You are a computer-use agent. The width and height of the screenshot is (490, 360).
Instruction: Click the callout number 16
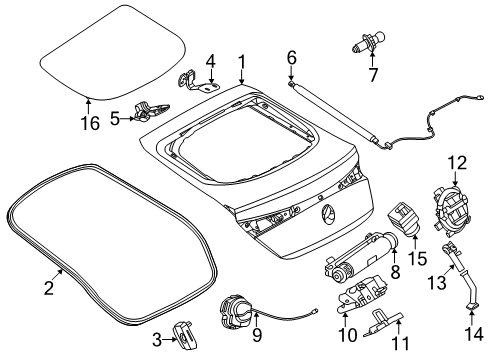90,123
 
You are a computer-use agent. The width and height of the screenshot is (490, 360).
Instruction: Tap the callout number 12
457,163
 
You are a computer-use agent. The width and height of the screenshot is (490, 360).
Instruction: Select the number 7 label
373,75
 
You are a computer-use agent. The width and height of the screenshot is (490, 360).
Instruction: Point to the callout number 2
49,288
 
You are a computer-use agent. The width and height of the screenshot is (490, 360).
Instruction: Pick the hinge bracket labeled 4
197,82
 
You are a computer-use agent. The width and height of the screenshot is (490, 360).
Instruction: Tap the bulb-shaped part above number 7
369,44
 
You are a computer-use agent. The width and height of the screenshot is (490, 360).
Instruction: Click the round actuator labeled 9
234,309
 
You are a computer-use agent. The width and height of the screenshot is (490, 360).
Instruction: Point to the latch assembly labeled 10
362,293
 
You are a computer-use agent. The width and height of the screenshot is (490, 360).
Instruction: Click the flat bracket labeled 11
384,322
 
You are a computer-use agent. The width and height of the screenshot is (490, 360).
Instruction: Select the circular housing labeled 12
450,211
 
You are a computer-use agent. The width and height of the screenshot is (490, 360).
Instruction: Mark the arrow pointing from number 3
170,340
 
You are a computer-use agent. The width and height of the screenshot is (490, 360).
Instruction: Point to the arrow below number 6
291,73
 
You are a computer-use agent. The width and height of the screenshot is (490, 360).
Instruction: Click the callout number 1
241,62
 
